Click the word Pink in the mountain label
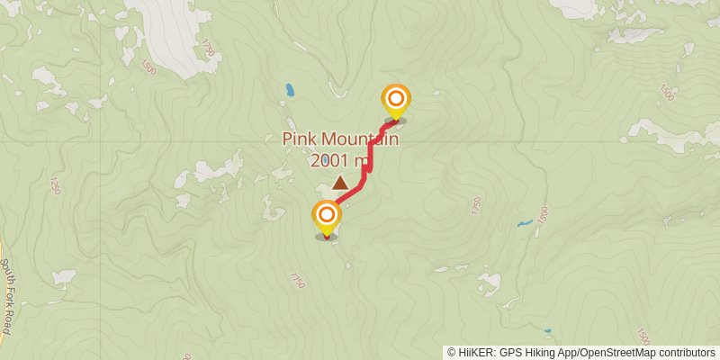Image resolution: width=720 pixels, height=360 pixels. click(x=301, y=139)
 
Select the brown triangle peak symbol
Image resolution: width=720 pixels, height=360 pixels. click(x=340, y=184)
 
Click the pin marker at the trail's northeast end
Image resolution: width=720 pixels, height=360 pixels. click(x=395, y=101)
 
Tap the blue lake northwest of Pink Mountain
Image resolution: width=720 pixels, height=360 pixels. click(x=290, y=90)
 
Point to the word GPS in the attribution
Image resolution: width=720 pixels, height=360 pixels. click(x=508, y=353)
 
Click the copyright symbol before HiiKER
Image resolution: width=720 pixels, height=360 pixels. click(x=451, y=353)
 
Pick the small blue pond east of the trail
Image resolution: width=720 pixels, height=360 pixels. click(x=523, y=223)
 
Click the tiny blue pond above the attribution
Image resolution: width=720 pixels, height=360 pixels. click(x=548, y=331)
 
